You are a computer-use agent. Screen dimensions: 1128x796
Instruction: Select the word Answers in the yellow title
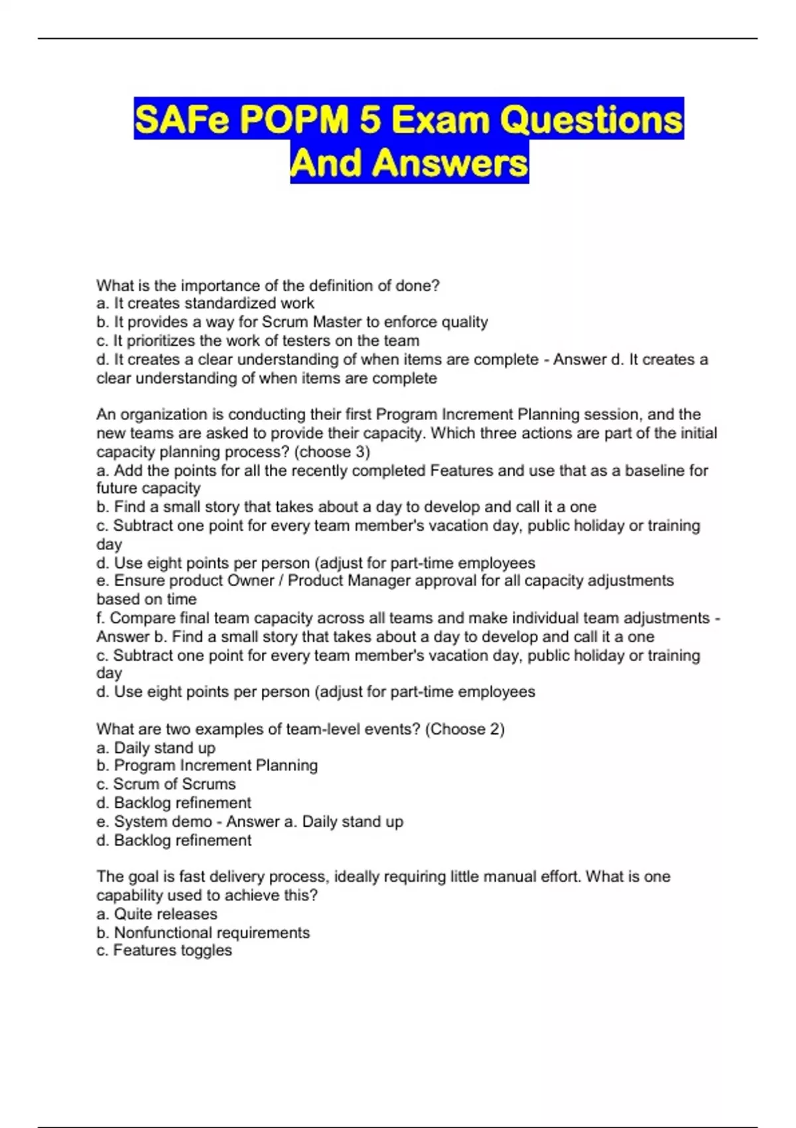(450, 163)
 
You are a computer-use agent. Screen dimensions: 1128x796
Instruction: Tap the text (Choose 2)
(464, 729)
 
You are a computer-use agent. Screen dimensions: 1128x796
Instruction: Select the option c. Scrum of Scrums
(166, 784)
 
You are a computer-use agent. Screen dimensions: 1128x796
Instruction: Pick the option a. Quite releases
(157, 914)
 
